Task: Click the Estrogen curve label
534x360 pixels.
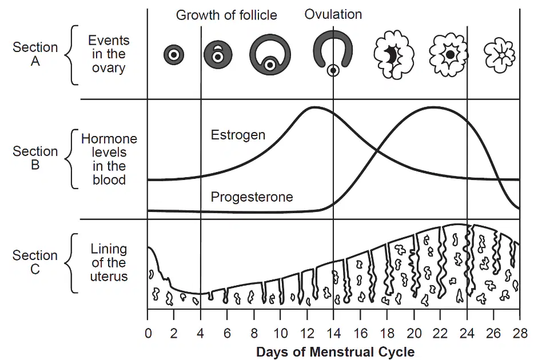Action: pyautogui.click(x=238, y=135)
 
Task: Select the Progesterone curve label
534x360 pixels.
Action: pyautogui.click(x=252, y=197)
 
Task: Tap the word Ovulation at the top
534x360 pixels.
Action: pyautogui.click(x=333, y=14)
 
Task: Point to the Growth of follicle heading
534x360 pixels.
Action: pyautogui.click(x=226, y=15)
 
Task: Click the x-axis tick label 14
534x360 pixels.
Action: pyautogui.click(x=333, y=334)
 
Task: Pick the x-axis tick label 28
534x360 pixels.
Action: pyautogui.click(x=520, y=334)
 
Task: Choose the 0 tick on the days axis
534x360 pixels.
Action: pyautogui.click(x=148, y=334)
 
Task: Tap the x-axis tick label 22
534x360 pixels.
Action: pyautogui.click(x=440, y=334)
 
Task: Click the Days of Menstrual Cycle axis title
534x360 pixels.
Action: pyautogui.click(x=336, y=352)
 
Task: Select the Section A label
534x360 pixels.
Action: pyautogui.click(x=35, y=54)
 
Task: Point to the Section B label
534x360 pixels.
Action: pyautogui.click(x=35, y=158)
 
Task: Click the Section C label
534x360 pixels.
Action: pyautogui.click(x=35, y=262)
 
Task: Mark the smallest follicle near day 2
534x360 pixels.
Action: pyautogui.click(x=174, y=55)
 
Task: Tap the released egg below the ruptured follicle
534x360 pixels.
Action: pyautogui.click(x=333, y=71)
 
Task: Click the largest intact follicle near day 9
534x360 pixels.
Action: pyautogui.click(x=270, y=54)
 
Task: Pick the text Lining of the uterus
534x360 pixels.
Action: pyautogui.click(x=109, y=263)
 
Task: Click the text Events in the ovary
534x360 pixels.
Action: pyautogui.click(x=109, y=54)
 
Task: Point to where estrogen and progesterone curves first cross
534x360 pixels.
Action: pyautogui.click(x=377, y=150)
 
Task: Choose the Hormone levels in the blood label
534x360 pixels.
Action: pyautogui.click(x=109, y=159)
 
